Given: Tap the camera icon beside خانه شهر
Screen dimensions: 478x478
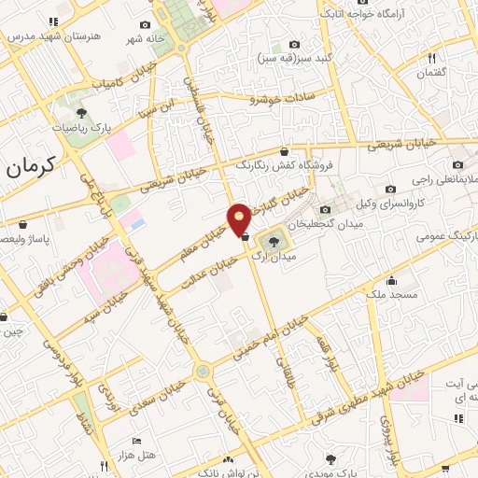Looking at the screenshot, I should [x=144, y=25].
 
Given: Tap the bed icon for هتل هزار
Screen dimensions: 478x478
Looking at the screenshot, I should [x=137, y=441].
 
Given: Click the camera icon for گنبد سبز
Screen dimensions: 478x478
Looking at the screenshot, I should [x=295, y=44].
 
